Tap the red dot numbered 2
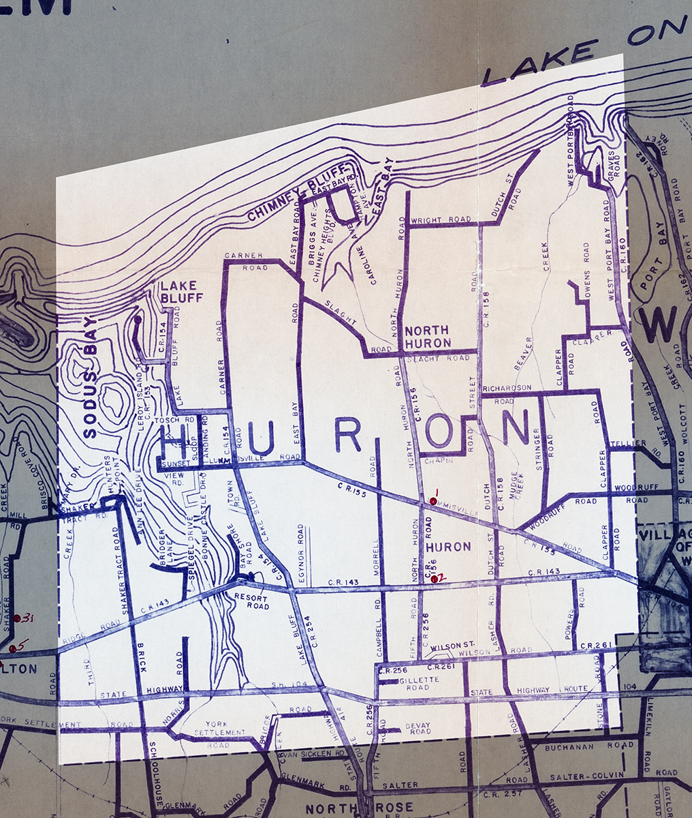(x=435, y=579)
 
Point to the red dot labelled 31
(x=18, y=618)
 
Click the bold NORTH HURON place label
(x=427, y=336)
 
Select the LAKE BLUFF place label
(x=178, y=291)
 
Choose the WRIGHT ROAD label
(x=440, y=220)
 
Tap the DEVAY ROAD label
(x=418, y=728)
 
